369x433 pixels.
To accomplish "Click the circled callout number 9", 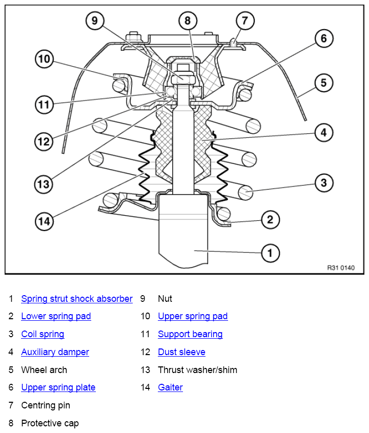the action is [95, 20].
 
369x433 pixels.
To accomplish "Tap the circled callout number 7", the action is [245, 20].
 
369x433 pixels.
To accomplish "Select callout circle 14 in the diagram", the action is [44, 221].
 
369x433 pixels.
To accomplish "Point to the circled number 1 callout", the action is [271, 253].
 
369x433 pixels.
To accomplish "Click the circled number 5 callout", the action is [324, 83].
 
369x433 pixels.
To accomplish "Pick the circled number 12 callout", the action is [44, 141].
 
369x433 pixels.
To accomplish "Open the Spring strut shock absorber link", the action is [77, 299].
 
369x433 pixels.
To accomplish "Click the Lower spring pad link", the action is [56, 316].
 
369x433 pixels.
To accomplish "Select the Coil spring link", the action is [43, 334].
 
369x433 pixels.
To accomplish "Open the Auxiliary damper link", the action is [55, 352].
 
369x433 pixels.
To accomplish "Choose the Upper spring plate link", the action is [58, 387].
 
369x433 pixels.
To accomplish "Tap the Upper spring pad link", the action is [193, 316].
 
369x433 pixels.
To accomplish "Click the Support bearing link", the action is [190, 334].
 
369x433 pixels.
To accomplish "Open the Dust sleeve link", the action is [182, 352].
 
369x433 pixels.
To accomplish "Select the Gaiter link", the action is [171, 387].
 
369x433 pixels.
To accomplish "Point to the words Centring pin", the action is [46, 405].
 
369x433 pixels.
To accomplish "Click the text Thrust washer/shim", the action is [197, 370].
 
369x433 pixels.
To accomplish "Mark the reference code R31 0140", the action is [341, 267].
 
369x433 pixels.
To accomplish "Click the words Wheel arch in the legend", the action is [44, 370].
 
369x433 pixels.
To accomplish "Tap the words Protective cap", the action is [50, 423].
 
